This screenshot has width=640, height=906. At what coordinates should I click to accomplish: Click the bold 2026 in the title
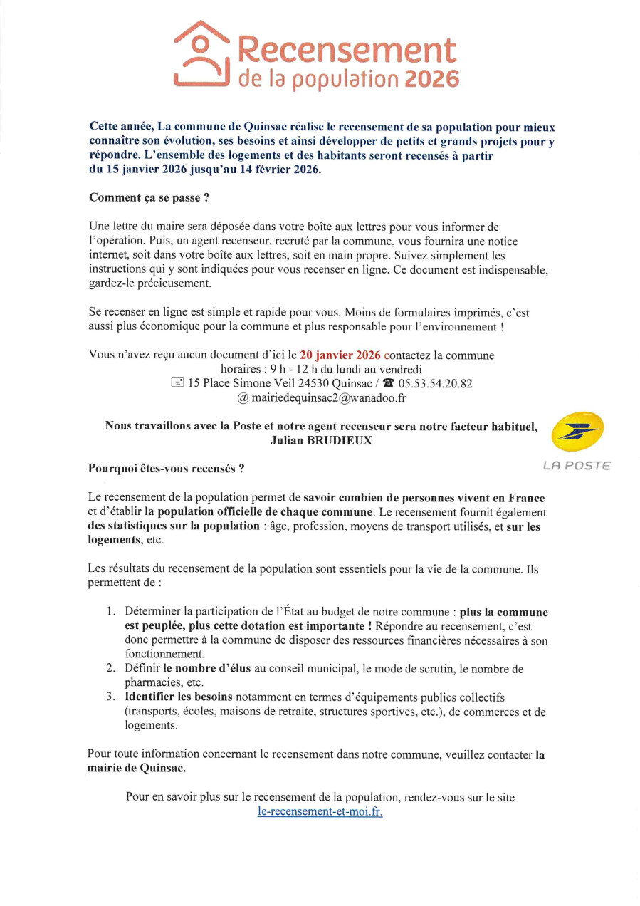pos(431,79)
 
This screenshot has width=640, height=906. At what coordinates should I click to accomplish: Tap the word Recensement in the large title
pos(346,50)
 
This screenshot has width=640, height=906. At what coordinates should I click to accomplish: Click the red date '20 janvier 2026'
pos(340,355)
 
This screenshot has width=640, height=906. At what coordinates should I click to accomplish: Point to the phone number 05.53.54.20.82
pos(435,383)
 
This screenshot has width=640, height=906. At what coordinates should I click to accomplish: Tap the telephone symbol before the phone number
pos(388,383)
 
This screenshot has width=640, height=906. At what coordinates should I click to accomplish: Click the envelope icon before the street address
pos(177,383)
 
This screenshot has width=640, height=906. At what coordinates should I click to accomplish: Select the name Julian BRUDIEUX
pos(322,440)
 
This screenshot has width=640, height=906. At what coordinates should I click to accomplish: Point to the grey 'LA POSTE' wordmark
pos(577,466)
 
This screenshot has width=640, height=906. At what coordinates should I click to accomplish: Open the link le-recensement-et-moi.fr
pos(320,811)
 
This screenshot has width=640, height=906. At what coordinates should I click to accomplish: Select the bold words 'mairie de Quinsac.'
pos(137,768)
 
